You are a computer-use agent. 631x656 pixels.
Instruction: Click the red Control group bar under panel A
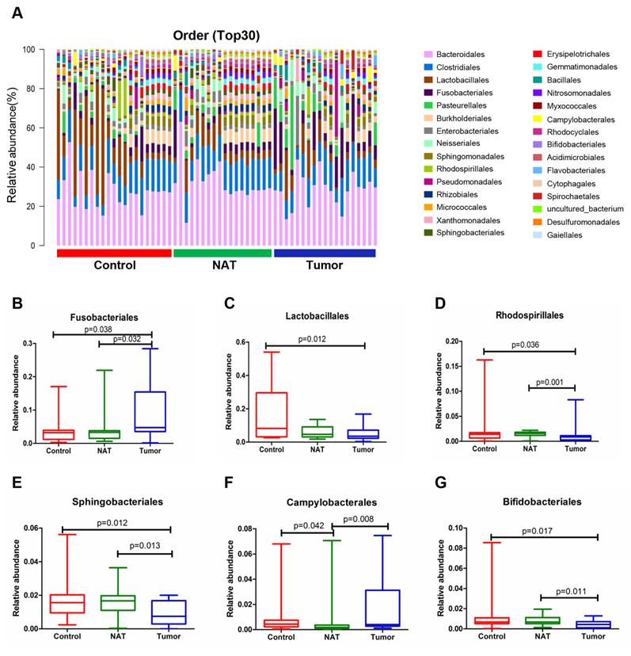[114, 253]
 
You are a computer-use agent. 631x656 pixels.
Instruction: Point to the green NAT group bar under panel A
[222, 253]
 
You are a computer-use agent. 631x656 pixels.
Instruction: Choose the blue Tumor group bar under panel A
[324, 253]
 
